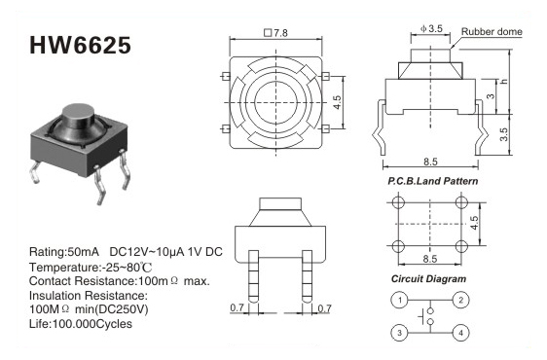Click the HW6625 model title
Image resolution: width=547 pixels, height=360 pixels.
pyautogui.click(x=80, y=45)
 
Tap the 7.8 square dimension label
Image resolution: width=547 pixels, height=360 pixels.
pyautogui.click(x=276, y=33)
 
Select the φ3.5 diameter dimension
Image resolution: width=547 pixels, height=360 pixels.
pyautogui.click(x=431, y=28)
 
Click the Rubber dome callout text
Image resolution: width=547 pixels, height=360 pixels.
pyautogui.click(x=492, y=31)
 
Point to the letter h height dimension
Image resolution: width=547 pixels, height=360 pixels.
pyautogui.click(x=503, y=82)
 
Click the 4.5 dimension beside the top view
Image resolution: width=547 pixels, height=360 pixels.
pyautogui.click(x=337, y=102)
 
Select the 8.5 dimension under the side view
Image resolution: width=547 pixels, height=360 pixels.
pyautogui.click(x=430, y=162)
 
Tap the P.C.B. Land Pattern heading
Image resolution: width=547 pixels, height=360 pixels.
pyautogui.click(x=432, y=181)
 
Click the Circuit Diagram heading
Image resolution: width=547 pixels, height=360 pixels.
pyautogui.click(x=428, y=278)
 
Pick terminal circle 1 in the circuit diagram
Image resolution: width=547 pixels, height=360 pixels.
pyautogui.click(x=400, y=300)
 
